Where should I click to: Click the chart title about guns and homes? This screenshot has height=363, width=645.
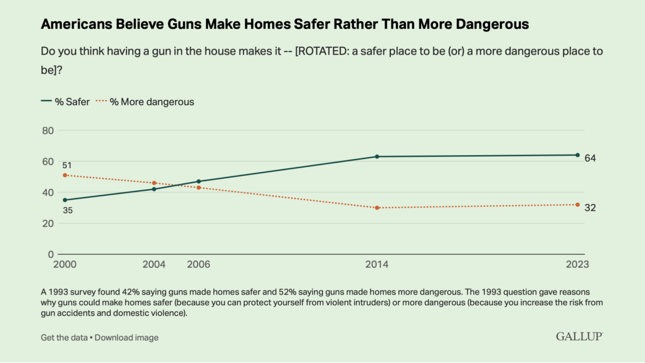[284, 24]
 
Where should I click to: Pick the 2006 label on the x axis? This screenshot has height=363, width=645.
[198, 265]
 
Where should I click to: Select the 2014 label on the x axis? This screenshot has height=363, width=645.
[377, 265]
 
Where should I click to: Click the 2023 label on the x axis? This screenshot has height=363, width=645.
[577, 265]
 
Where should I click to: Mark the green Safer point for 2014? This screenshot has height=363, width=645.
[377, 157]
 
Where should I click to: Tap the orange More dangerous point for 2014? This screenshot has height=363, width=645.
[377, 208]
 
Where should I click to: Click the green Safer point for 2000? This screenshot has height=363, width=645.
[65, 200]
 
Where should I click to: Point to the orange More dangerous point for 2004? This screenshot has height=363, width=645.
[154, 183]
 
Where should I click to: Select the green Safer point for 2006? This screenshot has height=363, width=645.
[198, 181]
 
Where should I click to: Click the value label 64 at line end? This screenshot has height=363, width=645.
[590, 159]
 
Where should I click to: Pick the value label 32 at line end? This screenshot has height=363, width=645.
[590, 208]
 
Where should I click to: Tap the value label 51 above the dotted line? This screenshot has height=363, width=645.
[67, 165]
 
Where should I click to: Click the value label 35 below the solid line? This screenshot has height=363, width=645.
[67, 210]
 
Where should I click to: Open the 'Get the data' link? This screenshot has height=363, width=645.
[64, 337]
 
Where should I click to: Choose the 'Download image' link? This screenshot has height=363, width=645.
[126, 337]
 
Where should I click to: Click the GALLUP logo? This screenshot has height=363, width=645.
[579, 336]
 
